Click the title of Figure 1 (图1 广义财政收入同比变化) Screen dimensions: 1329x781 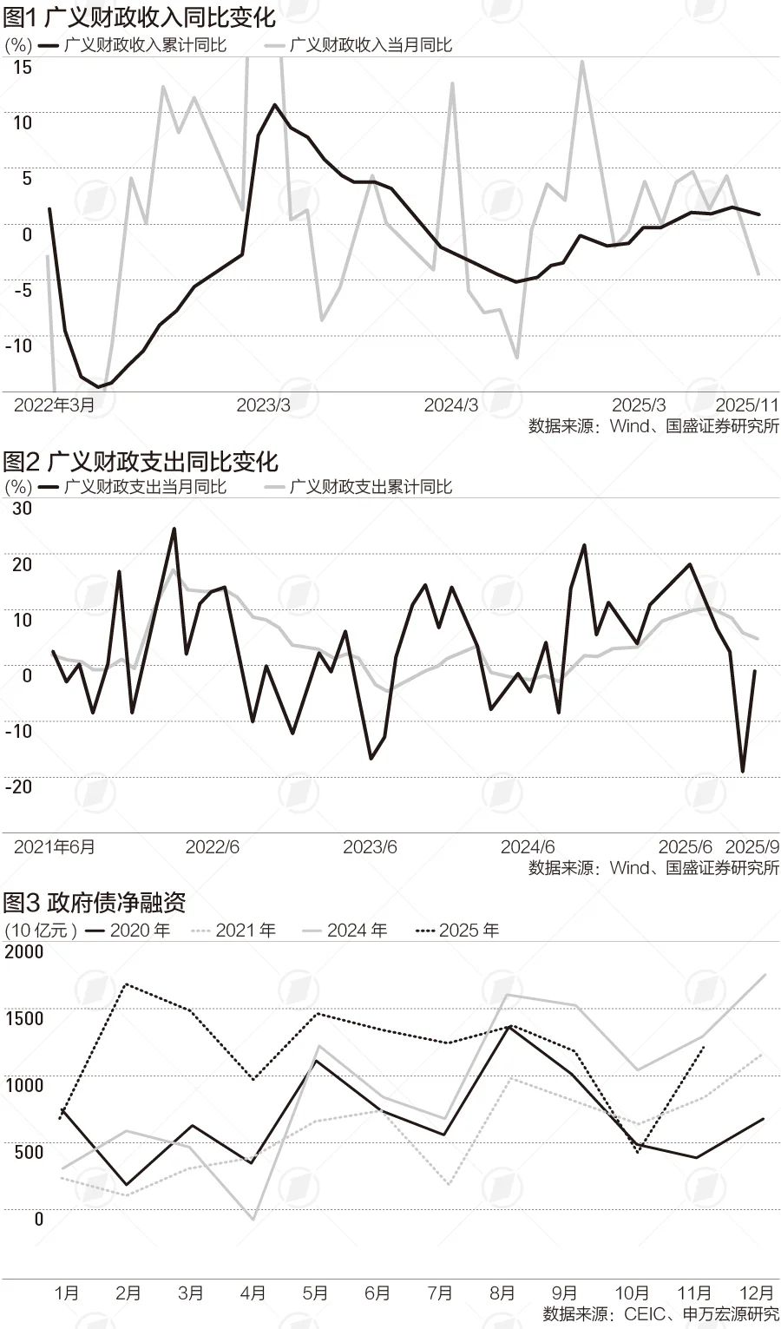coord(139,16)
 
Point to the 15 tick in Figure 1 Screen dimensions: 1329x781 coord(23,67)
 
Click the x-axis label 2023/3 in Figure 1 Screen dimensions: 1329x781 coord(263,405)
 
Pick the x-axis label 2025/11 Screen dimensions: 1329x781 coord(747,405)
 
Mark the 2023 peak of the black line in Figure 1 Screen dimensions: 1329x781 coord(275,105)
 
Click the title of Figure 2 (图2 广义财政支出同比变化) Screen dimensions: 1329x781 coord(140,461)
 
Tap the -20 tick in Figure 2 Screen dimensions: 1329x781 coord(19,786)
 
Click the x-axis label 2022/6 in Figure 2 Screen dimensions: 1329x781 coord(212,847)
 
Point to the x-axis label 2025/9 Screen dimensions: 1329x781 coord(751,847)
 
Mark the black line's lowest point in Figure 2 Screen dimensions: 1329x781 coord(742,771)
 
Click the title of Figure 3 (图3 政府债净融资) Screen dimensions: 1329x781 coord(95,903)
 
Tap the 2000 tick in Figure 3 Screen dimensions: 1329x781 coord(23,951)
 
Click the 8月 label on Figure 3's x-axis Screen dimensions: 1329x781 coord(502,1293)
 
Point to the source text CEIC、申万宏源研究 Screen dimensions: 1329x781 coord(660,1314)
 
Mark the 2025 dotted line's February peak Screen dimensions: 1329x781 coord(128,984)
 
